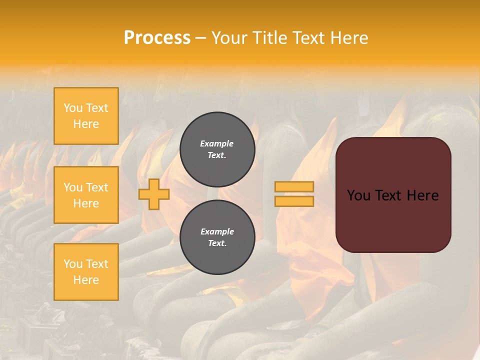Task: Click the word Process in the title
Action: pyautogui.click(x=157, y=38)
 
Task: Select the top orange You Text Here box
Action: pyautogui.click(x=86, y=116)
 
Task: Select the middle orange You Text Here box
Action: pyautogui.click(x=86, y=195)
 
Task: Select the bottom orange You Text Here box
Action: pyautogui.click(x=86, y=272)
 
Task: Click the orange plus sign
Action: pyautogui.click(x=154, y=194)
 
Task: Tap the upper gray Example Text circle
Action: pyautogui.click(x=217, y=149)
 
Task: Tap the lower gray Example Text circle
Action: pyautogui.click(x=217, y=237)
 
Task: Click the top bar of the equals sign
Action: pyautogui.click(x=294, y=187)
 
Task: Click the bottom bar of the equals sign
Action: pyautogui.click(x=294, y=201)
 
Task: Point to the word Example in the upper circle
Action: pyautogui.click(x=217, y=144)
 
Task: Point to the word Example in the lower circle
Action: pyautogui.click(x=217, y=232)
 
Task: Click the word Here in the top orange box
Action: pyautogui.click(x=86, y=124)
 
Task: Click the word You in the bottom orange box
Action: pyautogui.click(x=73, y=264)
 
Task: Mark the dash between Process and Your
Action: pyautogui.click(x=200, y=38)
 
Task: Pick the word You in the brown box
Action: pyautogui.click(x=358, y=195)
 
